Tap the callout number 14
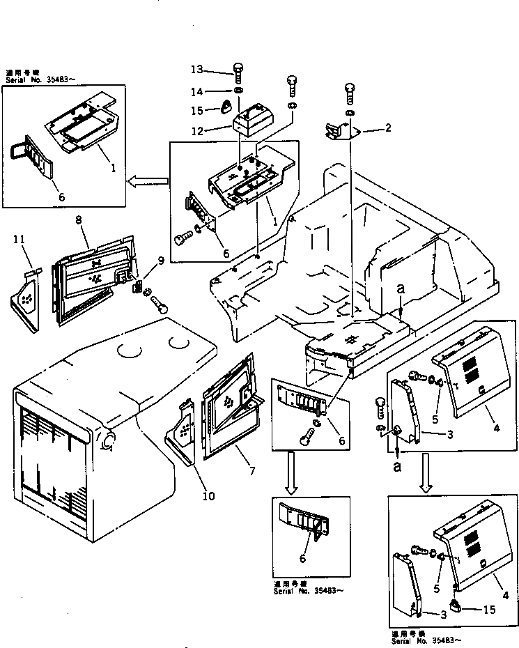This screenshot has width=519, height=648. click(x=197, y=91)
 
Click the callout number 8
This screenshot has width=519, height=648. click(x=78, y=220)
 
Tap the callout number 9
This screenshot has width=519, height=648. click(x=161, y=261)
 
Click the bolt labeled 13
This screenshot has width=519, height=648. click(x=238, y=73)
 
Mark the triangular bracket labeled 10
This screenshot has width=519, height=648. click(x=179, y=433)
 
